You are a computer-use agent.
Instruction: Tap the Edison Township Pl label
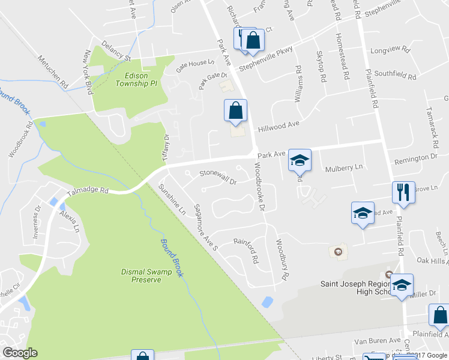136,80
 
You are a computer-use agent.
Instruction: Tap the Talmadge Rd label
88,191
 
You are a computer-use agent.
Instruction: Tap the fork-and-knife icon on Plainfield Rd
402,192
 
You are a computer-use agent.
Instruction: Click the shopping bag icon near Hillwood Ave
235,111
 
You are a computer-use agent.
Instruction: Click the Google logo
19,353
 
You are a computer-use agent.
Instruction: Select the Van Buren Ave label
377,340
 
